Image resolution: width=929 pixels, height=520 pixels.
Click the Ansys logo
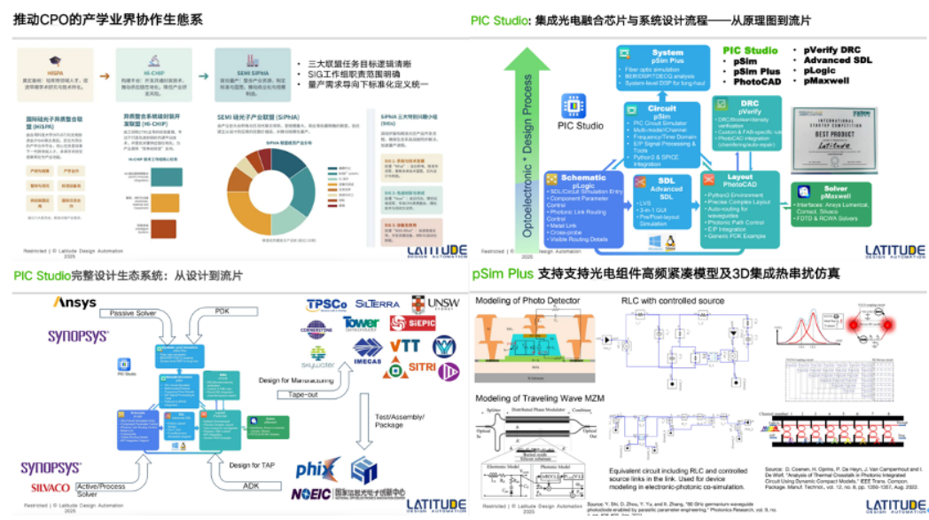click(x=74, y=303)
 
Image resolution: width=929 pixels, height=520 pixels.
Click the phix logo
click(x=318, y=467)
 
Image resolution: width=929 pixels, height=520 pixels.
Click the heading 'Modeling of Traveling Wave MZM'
click(x=540, y=398)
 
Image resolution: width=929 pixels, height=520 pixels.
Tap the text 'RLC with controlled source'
click(x=673, y=301)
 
